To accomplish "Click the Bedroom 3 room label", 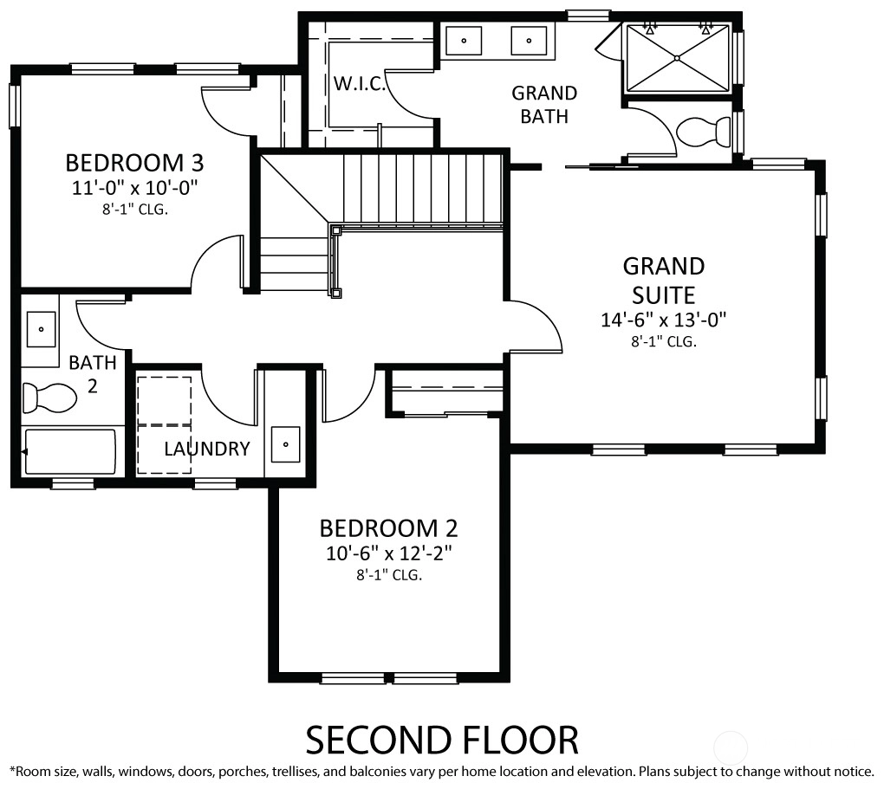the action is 134,163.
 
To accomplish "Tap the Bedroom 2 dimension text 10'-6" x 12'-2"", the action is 389,553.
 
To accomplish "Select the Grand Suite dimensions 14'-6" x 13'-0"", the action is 664,320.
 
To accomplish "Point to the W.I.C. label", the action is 359,84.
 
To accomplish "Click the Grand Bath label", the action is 544,104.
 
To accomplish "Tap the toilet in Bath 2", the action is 49,398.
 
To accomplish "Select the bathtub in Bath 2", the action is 70,452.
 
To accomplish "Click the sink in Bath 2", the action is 41,329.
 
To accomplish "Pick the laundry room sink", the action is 285,444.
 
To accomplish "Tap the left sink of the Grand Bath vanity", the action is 464,41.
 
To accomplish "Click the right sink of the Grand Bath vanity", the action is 529,41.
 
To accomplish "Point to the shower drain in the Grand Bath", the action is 677,58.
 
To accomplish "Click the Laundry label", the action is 207,449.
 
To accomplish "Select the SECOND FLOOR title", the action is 442,740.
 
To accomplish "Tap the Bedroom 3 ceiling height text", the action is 134,210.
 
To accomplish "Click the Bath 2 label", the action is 93,373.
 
